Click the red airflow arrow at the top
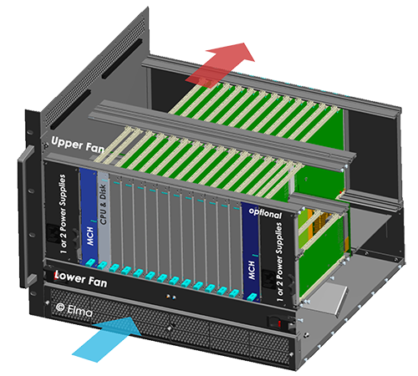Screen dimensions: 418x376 pos(220,65)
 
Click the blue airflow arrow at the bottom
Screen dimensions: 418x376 pos(107,339)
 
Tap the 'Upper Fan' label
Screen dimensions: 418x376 pos(78,145)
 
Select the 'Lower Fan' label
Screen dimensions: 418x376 pos(81,278)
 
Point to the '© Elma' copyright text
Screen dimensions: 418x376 pos(74,310)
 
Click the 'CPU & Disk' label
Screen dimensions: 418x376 pos(103,204)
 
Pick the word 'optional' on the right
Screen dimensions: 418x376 pos(265,213)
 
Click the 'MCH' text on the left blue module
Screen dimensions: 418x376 pos(90,236)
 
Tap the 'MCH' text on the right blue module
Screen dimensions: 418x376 pos(252,270)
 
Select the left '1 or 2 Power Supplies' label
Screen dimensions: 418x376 pos(64,214)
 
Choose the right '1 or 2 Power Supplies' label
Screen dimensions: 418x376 pos(279,262)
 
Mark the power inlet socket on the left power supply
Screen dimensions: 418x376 pos(53,234)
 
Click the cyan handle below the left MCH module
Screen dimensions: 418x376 pos(90,262)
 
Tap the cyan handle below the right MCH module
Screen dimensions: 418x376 pos(252,297)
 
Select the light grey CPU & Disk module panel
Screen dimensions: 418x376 pos(104,217)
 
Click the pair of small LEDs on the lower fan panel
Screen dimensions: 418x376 pos(171,297)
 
